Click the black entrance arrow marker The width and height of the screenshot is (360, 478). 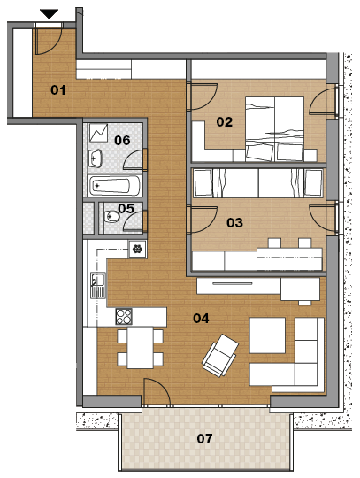pos(49,14)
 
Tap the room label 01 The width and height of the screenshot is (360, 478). pos(58,90)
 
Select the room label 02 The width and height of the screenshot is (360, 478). pos(225,122)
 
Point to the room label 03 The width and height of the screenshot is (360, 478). pos(234,222)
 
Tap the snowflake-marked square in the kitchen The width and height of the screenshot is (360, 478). pos(137,249)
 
